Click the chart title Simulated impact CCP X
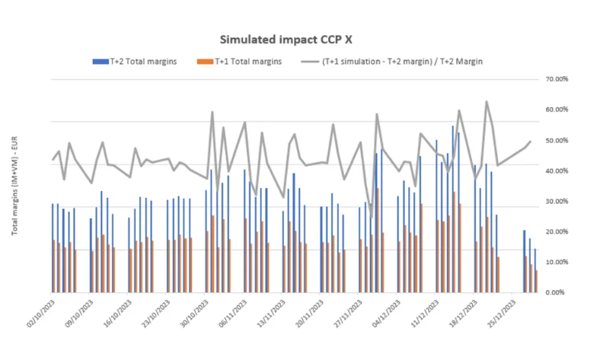[299, 38]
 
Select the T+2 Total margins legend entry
[135, 61]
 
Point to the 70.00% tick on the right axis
[557, 79]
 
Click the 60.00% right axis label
[557, 110]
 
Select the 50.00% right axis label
[557, 140]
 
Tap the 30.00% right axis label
[557, 201]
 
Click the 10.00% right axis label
[557, 262]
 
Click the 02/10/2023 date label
[40, 314]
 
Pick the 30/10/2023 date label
[193, 314]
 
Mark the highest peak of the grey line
[486, 101]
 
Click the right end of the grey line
[530, 142]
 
